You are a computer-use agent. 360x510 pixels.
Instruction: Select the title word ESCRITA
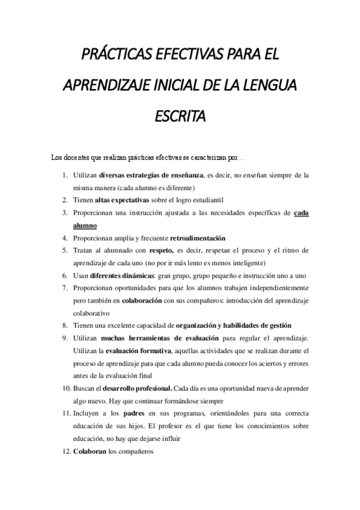[x=180, y=114]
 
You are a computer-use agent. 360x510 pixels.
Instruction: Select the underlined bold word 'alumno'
[x=84, y=225]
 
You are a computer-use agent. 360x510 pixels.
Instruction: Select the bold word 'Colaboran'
[x=90, y=452]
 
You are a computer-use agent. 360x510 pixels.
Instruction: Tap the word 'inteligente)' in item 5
[x=248, y=263]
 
